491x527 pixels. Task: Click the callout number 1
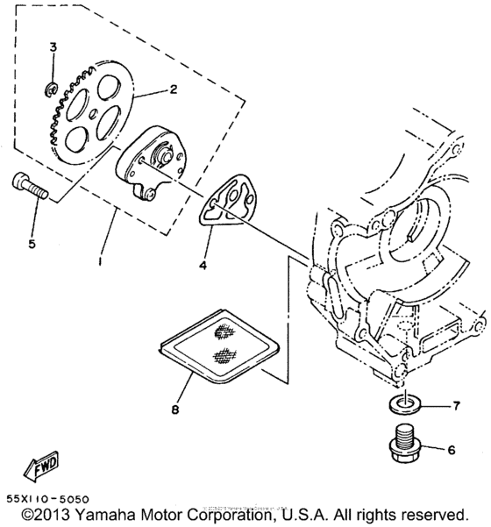[103, 262]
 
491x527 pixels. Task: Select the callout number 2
[174, 89]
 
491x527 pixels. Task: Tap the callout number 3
[53, 46]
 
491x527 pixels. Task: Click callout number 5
[31, 243]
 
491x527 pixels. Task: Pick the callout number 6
[452, 450]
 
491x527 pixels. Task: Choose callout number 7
[455, 405]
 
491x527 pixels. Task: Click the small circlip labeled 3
[52, 86]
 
